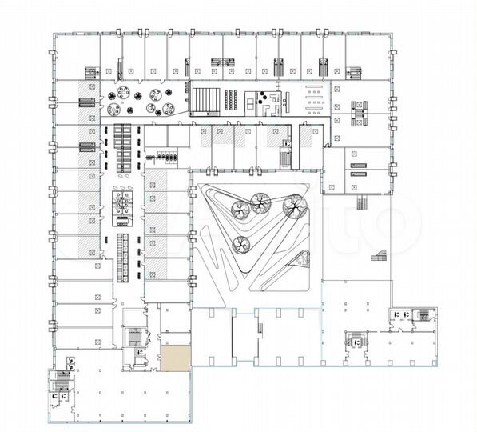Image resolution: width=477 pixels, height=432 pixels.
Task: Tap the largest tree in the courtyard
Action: [292, 208]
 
